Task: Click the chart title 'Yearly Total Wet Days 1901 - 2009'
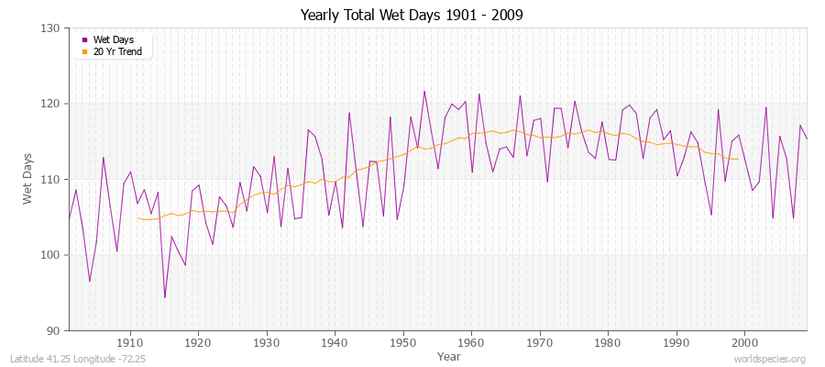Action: point(412,16)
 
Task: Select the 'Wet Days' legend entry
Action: point(112,39)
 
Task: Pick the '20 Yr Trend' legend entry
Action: point(117,51)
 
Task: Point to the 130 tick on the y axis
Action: point(51,28)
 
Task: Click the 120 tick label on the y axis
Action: point(51,104)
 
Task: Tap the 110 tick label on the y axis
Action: point(51,180)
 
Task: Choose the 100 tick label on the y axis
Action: point(51,255)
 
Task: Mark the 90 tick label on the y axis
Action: point(54,330)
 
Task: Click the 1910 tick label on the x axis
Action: point(130,342)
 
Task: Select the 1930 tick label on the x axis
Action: point(267,342)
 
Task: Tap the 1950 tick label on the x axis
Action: point(403,342)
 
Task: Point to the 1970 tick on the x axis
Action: point(540,342)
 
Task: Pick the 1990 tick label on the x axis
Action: point(676,342)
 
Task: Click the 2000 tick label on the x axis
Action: point(744,342)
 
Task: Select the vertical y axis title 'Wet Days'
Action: point(28,179)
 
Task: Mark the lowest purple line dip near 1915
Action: point(165,297)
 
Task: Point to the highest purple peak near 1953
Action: point(424,91)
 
